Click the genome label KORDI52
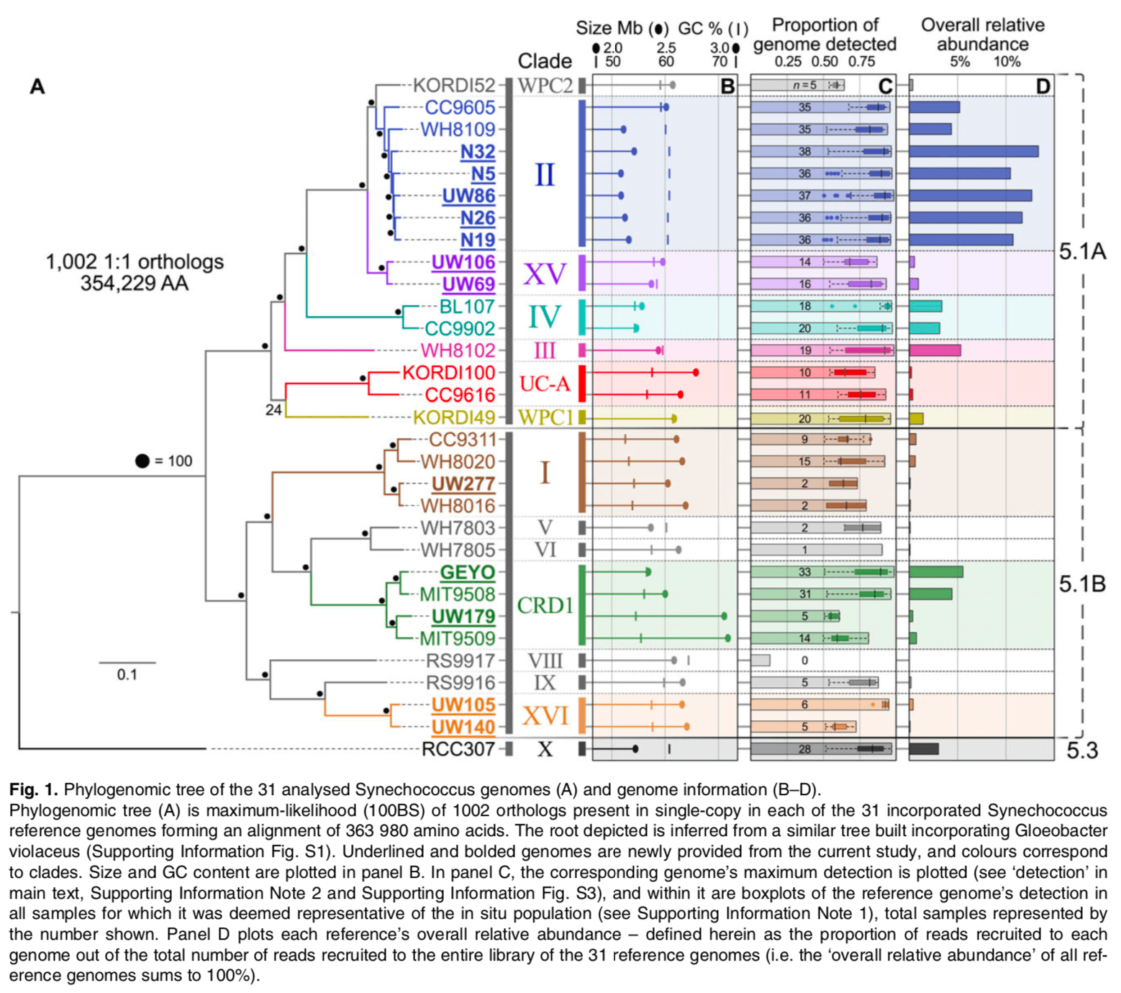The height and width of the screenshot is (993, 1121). pyautogui.click(x=454, y=86)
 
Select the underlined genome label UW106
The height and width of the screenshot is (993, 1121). pyautogui.click(x=463, y=262)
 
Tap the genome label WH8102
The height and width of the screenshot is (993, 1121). pyautogui.click(x=458, y=350)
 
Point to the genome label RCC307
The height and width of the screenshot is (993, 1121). pyautogui.click(x=458, y=749)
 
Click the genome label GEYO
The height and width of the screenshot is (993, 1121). pyautogui.click(x=468, y=572)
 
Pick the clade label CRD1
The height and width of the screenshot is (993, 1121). pyautogui.click(x=545, y=605)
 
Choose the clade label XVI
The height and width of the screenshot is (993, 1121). pyautogui.click(x=545, y=716)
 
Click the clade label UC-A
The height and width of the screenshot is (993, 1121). pyautogui.click(x=545, y=384)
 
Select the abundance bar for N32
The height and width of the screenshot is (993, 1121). pyautogui.click(x=973, y=151)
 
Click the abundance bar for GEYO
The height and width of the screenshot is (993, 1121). pyautogui.click(x=936, y=572)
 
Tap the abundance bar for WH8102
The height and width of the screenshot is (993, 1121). pyautogui.click(x=935, y=350)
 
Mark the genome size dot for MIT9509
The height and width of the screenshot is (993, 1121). pyautogui.click(x=727, y=638)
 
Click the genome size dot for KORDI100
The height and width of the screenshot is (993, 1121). pyautogui.click(x=696, y=372)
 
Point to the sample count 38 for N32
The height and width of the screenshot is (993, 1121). pyautogui.click(x=804, y=151)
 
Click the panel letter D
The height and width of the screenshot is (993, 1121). pyautogui.click(x=1043, y=86)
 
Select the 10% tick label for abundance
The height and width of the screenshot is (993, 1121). pyautogui.click(x=1007, y=62)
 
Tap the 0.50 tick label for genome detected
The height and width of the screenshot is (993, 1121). pyautogui.click(x=825, y=62)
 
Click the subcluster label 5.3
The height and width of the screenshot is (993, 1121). pyautogui.click(x=1082, y=751)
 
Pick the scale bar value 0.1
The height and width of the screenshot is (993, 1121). pyautogui.click(x=127, y=674)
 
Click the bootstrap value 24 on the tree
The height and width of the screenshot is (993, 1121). pyautogui.click(x=273, y=410)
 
